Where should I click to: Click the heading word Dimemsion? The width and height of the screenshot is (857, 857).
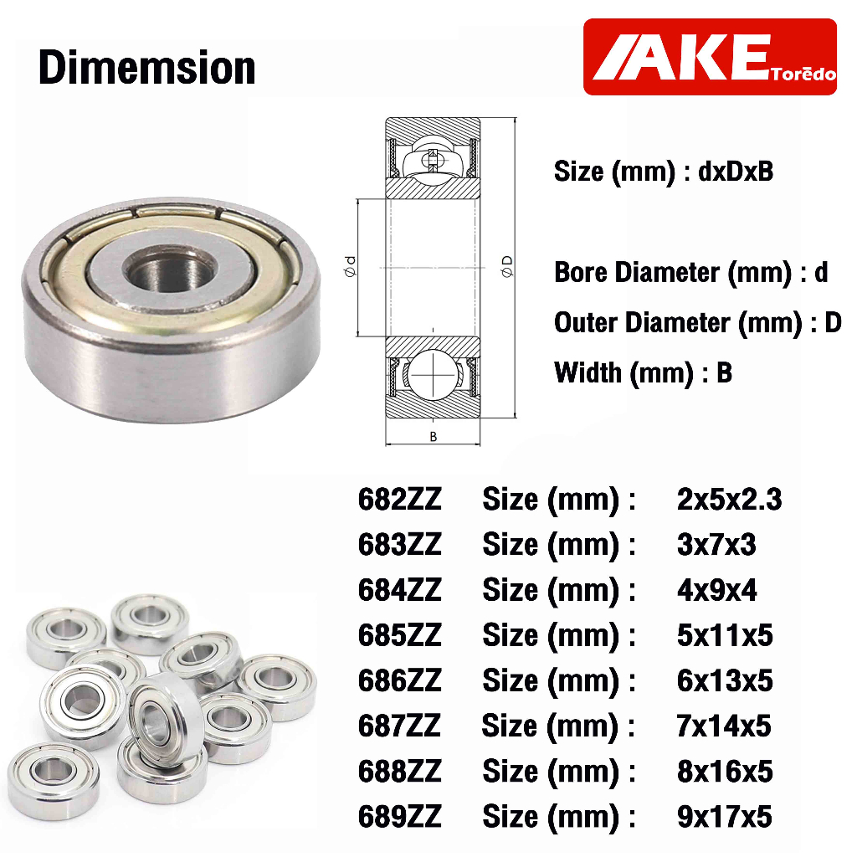(x=147, y=68)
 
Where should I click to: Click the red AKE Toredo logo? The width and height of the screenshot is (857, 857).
(x=710, y=57)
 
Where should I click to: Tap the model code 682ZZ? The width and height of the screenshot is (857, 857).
(x=399, y=499)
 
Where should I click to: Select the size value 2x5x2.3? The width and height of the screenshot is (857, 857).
(x=729, y=499)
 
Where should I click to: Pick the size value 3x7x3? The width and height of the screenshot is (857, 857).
(x=716, y=544)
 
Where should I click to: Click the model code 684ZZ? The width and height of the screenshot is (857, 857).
(x=399, y=590)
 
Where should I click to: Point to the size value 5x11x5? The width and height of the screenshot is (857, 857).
(x=725, y=635)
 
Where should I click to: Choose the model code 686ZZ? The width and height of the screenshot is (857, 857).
(x=399, y=680)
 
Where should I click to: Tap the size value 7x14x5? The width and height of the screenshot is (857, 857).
(x=724, y=726)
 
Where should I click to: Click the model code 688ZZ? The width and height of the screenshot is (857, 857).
(x=399, y=771)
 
